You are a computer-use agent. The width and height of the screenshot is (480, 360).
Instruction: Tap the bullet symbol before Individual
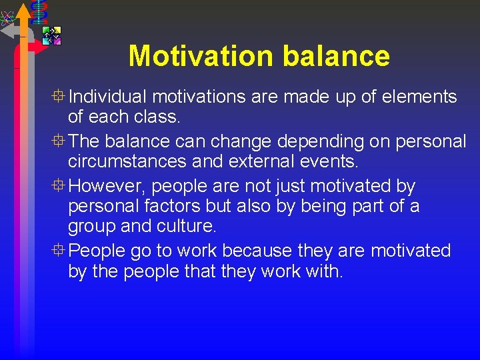pos(60,97)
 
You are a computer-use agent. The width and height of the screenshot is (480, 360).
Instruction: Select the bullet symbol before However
pos(60,186)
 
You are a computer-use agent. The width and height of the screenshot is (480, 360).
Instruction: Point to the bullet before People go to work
pos(60,251)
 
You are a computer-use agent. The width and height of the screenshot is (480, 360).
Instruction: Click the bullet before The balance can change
pos(60,141)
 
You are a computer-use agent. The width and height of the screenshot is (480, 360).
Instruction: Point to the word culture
pos(187,227)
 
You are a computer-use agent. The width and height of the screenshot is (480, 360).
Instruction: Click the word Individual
pos(109,97)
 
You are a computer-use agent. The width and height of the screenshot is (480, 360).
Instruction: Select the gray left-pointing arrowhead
pos(7,31)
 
